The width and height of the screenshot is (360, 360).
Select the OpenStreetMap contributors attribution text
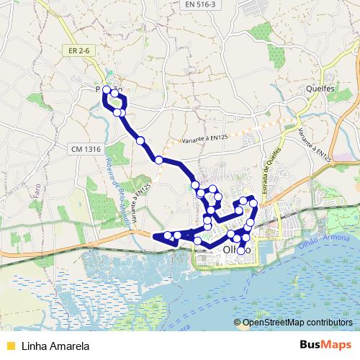click(297, 323)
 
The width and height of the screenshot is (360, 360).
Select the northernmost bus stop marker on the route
click(107, 90)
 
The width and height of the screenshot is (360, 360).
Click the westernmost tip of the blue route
click(155, 235)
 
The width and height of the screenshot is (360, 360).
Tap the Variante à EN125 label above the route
click(205, 137)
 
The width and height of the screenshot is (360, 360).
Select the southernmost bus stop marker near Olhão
click(242, 251)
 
